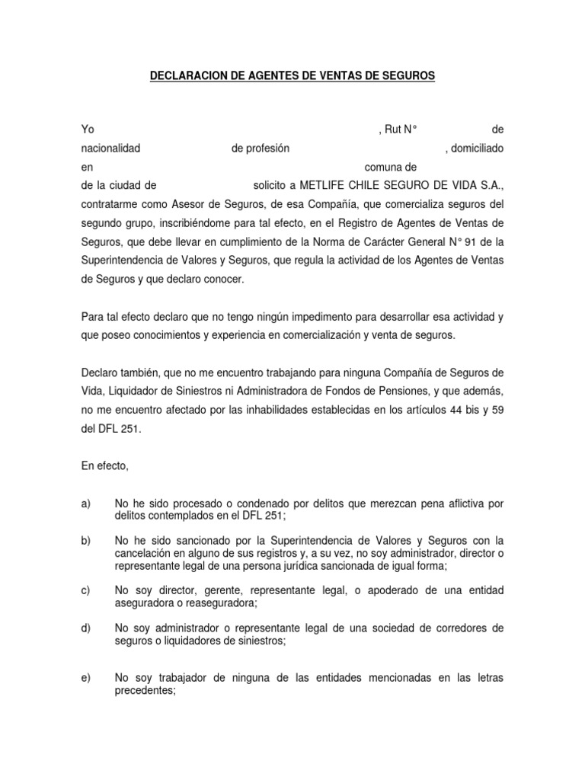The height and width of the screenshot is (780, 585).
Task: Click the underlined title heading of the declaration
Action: [x=292, y=76]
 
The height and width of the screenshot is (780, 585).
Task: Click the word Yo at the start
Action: [x=87, y=130]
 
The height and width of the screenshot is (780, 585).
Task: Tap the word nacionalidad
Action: [x=110, y=149]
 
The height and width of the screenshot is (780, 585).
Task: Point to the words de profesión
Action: [x=261, y=149]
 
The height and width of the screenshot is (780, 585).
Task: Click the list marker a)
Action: [x=85, y=503]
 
